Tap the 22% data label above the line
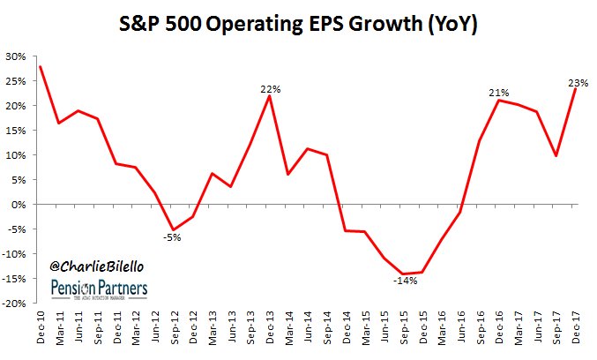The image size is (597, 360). coord(270,88)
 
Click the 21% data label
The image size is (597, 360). coord(500,93)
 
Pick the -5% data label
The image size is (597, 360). coord(172,236)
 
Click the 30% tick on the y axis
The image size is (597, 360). coord(15,56)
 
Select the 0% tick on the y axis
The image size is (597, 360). coord(18,205)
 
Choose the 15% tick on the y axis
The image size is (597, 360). coord(15,131)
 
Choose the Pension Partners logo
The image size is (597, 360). coord(100,289)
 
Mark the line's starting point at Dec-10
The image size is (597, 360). coord(41,67)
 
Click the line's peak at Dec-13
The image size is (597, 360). coord(270,96)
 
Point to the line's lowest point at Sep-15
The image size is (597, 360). coord(404,274)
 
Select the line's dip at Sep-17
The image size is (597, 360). coord(556,156)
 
